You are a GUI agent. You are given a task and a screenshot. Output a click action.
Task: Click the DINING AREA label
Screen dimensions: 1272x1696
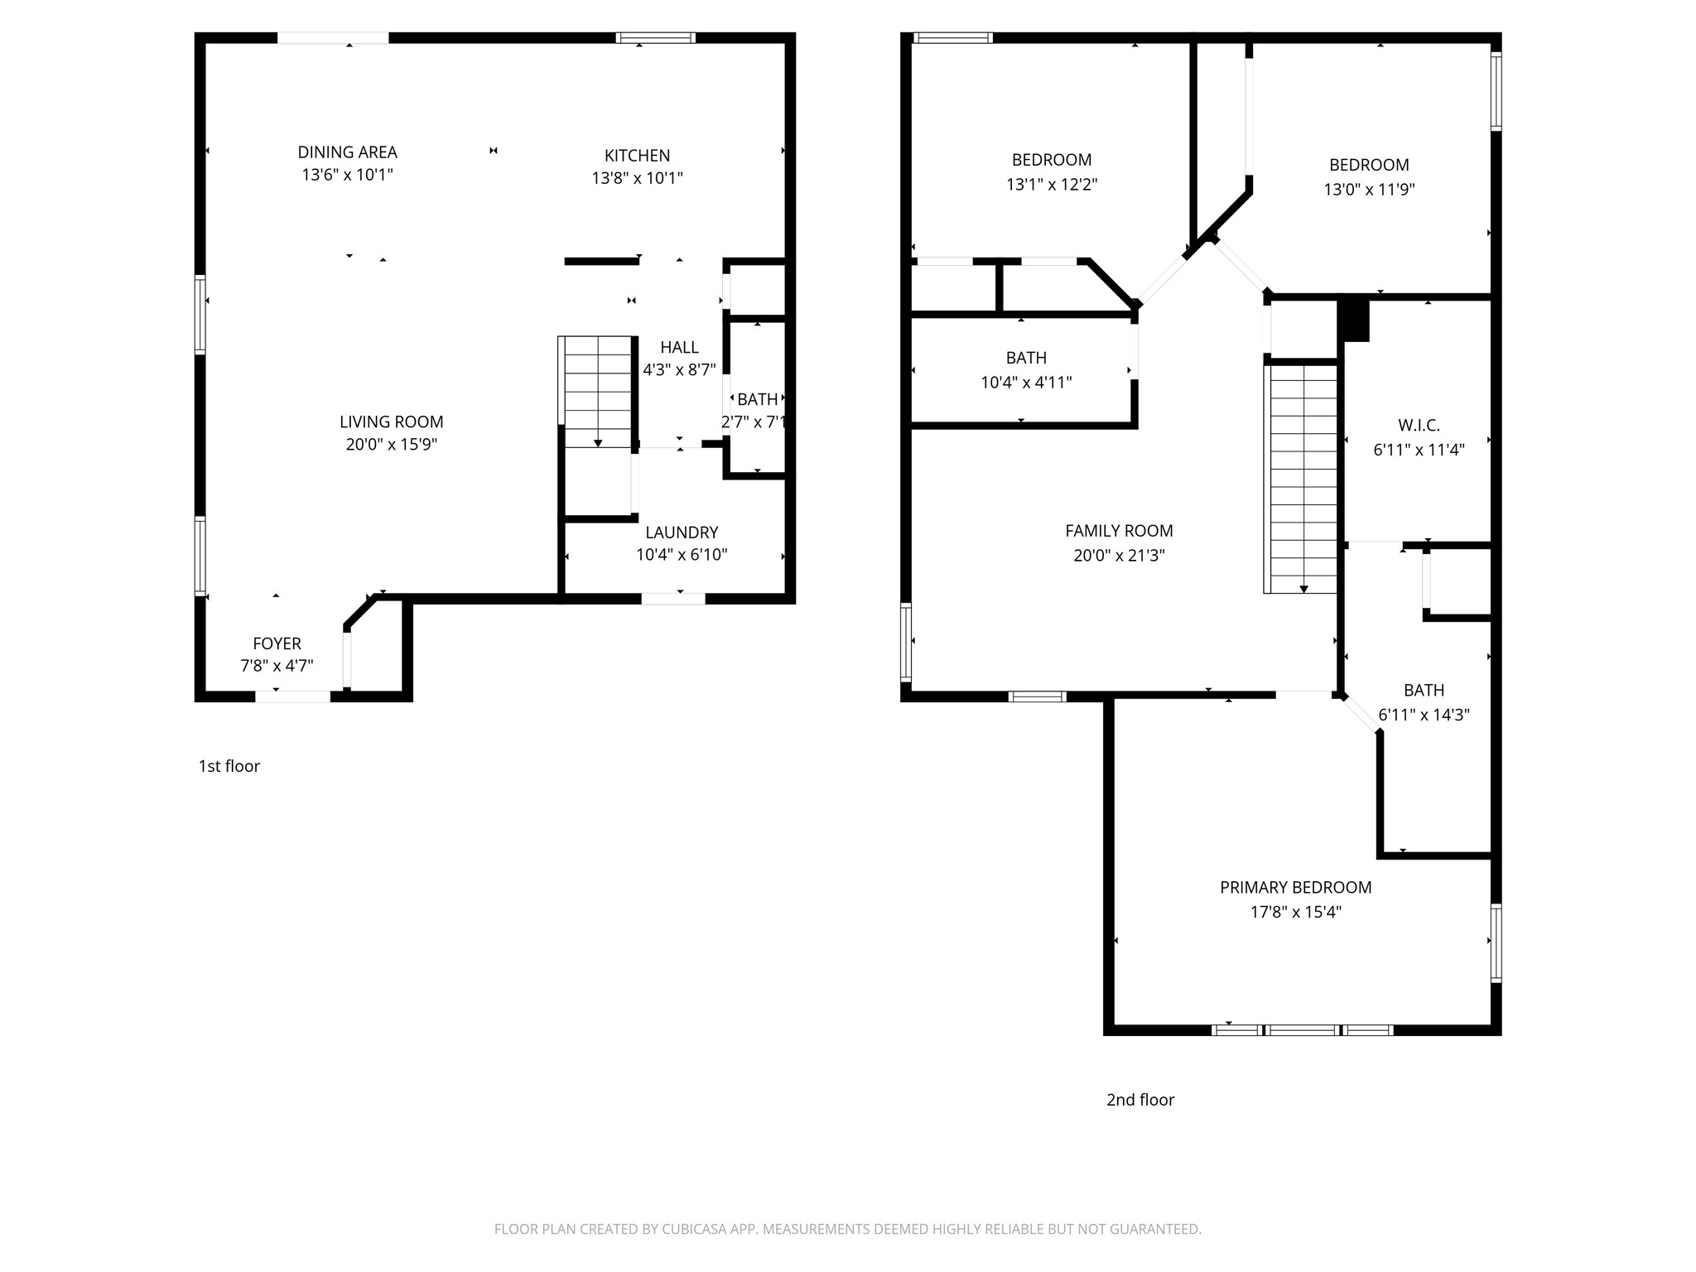coord(347,152)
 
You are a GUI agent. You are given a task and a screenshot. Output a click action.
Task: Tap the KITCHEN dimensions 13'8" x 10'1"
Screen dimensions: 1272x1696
coord(637,178)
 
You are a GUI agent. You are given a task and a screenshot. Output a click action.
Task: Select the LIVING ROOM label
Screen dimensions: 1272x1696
coord(391,422)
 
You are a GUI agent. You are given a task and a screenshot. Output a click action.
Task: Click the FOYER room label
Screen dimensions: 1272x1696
coord(277,643)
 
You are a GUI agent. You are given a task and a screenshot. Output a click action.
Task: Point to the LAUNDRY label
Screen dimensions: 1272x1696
coord(682,532)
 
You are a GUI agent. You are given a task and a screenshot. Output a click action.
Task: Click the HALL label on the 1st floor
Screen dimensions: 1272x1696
coord(679,347)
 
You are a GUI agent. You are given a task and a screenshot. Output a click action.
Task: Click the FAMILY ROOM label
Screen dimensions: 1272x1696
coord(1119,531)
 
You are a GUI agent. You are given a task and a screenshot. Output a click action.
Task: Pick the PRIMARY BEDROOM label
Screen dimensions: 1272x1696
coord(1295,888)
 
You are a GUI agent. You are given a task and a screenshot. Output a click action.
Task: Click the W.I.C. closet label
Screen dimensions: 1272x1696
coord(1419,426)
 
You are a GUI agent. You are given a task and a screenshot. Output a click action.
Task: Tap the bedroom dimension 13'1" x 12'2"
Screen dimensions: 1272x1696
coord(1052,185)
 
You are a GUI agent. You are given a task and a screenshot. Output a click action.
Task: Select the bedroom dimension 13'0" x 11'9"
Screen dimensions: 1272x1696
coord(1369,190)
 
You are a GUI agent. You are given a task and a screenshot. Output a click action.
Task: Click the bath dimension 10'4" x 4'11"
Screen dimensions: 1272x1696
coord(1026,383)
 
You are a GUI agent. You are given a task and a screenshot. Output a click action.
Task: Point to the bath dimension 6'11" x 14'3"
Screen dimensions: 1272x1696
coord(1424,715)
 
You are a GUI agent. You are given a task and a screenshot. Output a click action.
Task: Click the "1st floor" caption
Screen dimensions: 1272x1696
coord(229,766)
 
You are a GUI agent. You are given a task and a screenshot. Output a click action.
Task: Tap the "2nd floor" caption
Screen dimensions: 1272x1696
coord(1140,1100)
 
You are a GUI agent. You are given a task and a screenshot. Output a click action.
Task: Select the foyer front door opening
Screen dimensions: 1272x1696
coord(292,696)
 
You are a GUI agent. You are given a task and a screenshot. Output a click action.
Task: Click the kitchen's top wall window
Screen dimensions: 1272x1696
coord(655,38)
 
